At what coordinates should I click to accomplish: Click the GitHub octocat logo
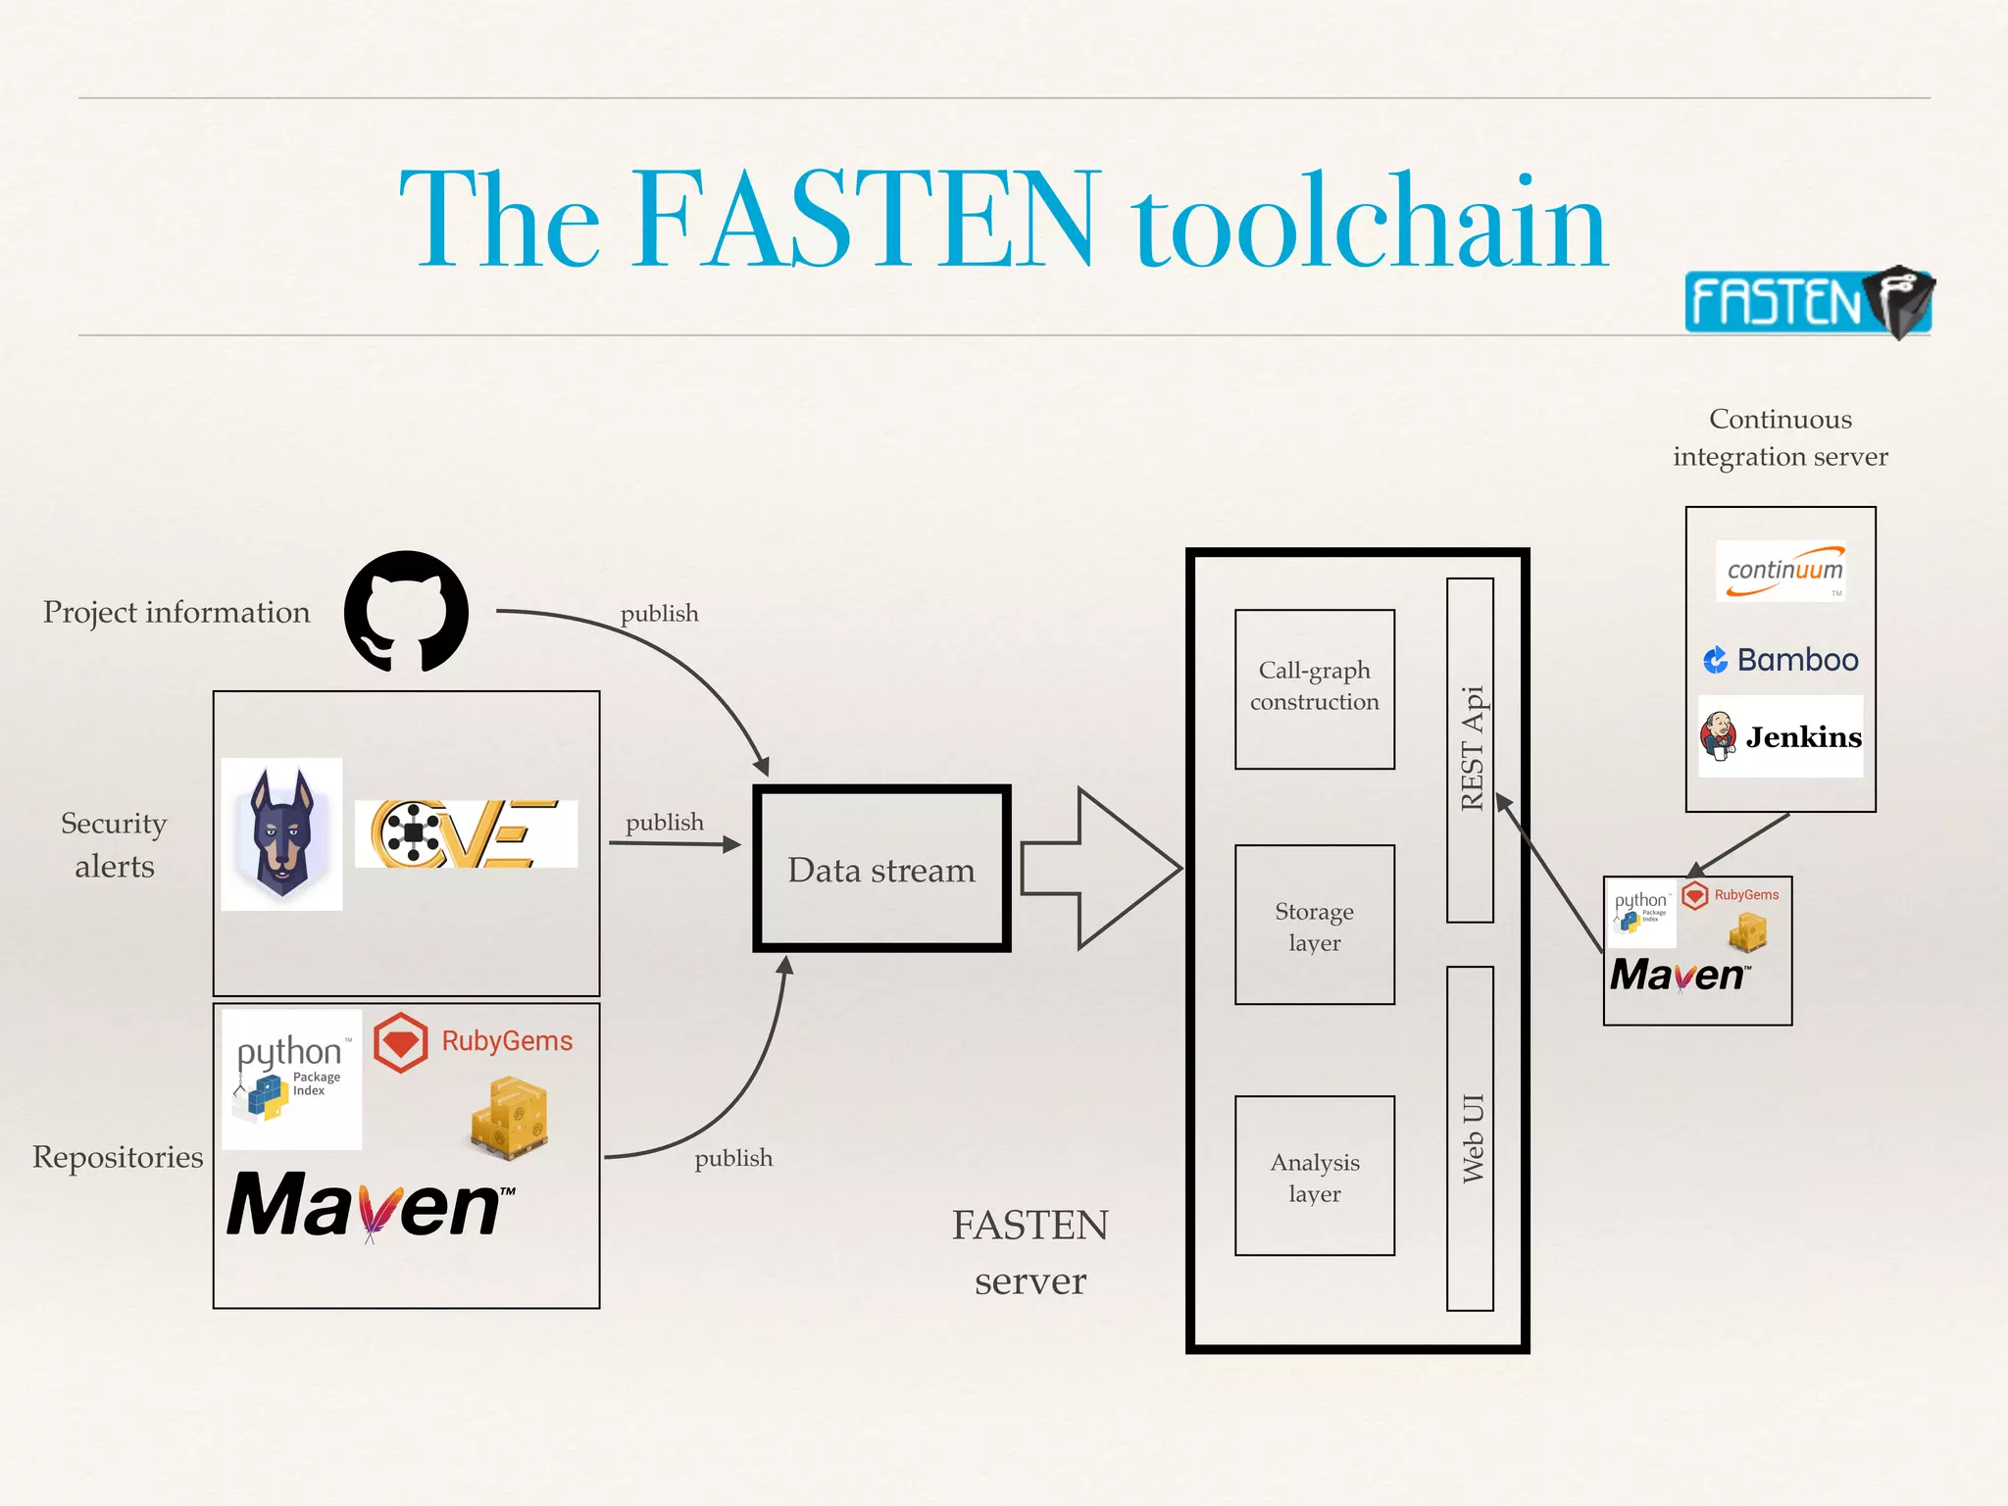pyautogui.click(x=406, y=611)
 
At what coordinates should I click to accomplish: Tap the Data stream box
pyautogui.click(x=881, y=869)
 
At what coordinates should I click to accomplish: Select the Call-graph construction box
pyautogui.click(x=1314, y=688)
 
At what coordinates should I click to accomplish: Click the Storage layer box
pyautogui.click(x=1314, y=925)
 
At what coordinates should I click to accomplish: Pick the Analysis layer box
pyautogui.click(x=1314, y=1176)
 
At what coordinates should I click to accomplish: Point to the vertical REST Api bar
pyautogui.click(x=1470, y=749)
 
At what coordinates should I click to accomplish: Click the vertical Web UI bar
pyautogui.click(x=1470, y=1137)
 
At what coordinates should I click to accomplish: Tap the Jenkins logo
pyautogui.click(x=1781, y=736)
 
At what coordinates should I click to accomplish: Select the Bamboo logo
pyautogui.click(x=1781, y=660)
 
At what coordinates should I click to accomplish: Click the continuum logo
pyautogui.click(x=1781, y=571)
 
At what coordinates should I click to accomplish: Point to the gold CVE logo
pyautogui.click(x=466, y=833)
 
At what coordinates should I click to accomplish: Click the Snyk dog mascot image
pyautogui.click(x=281, y=833)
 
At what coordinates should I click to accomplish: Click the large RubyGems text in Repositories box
pyautogui.click(x=506, y=1041)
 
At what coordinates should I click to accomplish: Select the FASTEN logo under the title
pyautogui.click(x=1806, y=302)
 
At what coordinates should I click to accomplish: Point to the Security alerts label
pyautogui.click(x=114, y=844)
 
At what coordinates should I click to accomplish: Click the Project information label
pyautogui.click(x=176, y=612)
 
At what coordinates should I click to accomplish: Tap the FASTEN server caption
pyautogui.click(x=1029, y=1252)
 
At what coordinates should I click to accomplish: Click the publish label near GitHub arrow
pyautogui.click(x=659, y=614)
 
